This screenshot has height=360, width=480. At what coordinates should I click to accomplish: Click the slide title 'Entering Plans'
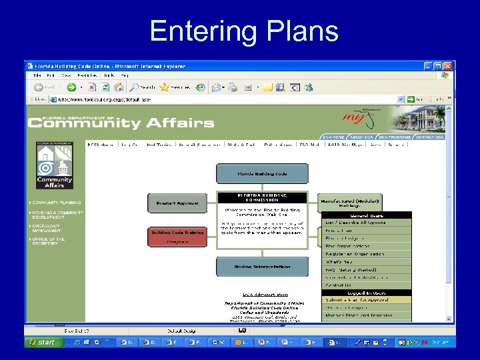[244, 31]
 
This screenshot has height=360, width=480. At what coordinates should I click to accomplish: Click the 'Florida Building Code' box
[262, 174]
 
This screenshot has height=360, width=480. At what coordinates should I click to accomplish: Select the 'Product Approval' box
[177, 203]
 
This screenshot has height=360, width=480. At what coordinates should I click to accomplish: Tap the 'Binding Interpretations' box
[262, 267]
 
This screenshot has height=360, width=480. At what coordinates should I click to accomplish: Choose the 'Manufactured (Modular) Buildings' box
[350, 203]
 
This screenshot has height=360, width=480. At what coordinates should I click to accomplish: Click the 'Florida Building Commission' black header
[262, 197]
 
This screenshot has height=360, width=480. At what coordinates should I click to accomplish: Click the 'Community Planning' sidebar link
[57, 202]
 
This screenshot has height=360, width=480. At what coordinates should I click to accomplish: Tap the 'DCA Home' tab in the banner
[333, 137]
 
